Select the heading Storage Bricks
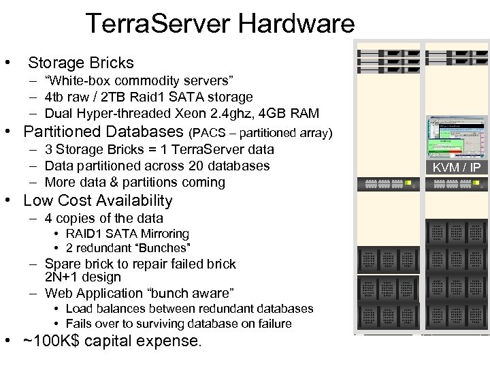[81, 63]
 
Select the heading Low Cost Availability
[98, 201]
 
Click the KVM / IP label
[456, 168]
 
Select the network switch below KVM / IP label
[456, 184]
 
